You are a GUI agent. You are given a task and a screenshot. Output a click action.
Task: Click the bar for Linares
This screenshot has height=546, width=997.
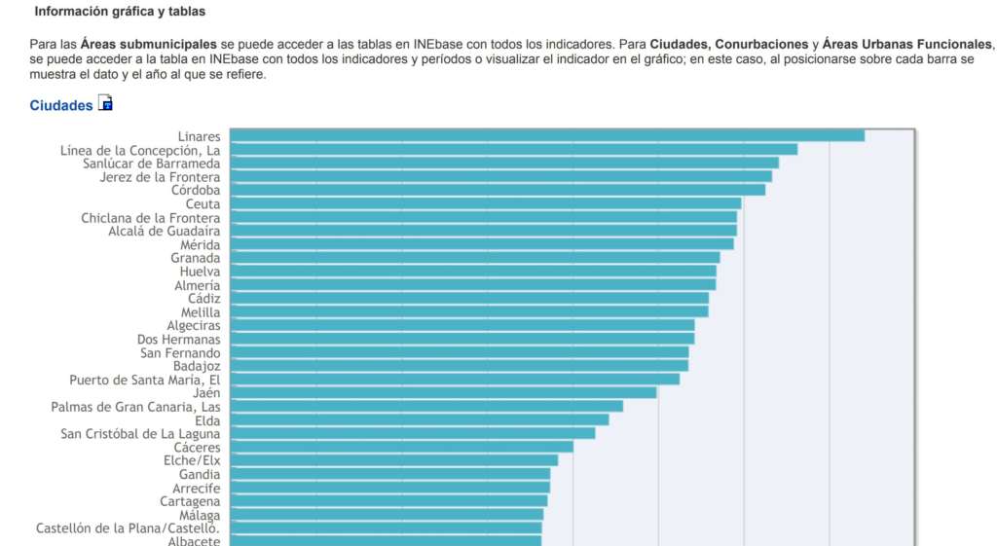point(546,135)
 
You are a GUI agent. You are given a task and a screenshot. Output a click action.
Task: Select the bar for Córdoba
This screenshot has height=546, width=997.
point(497,190)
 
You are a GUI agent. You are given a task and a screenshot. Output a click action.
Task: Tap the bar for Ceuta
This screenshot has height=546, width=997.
point(485,203)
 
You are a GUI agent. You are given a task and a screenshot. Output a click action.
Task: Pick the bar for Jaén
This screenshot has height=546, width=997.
point(443,392)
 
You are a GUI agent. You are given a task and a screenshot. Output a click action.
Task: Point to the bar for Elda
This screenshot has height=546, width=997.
point(419,419)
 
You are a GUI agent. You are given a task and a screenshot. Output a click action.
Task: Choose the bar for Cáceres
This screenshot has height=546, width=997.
point(401,447)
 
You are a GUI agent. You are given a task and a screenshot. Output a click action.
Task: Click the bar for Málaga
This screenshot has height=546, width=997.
point(387,514)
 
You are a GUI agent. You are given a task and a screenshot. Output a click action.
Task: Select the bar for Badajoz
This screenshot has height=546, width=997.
point(459,365)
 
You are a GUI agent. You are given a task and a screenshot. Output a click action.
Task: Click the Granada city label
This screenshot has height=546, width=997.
point(195,258)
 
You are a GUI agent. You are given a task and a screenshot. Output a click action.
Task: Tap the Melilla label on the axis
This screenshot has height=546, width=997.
point(200,312)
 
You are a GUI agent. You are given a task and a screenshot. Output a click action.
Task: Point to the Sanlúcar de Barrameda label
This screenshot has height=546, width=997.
point(151,164)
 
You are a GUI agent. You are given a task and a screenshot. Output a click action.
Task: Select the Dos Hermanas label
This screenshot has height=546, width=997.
point(178,339)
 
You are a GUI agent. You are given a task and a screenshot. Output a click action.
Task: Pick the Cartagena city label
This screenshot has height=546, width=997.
point(190,501)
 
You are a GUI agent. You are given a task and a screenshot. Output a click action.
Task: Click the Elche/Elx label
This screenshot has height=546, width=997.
point(192,460)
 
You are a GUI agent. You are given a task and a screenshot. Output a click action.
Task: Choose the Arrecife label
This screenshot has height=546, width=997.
point(196,488)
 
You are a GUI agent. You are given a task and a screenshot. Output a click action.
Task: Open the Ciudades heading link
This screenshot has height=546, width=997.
point(60,105)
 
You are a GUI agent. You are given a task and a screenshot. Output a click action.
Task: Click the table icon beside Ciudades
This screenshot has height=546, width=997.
point(105,103)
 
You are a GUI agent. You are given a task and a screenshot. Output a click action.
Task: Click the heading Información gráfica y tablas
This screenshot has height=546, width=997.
point(120,12)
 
